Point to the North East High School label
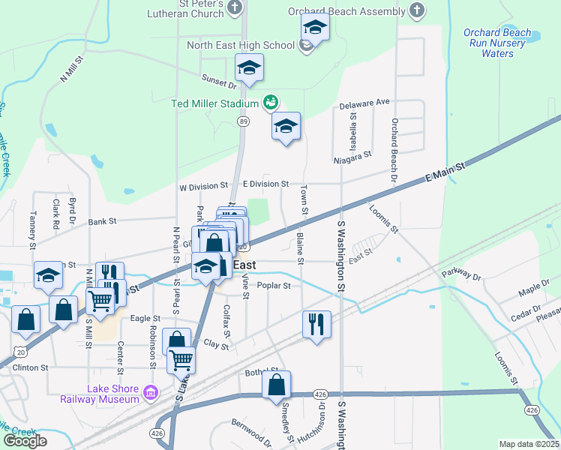pyautogui.click(x=240, y=45)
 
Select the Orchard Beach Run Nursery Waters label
pyautogui.click(x=497, y=43)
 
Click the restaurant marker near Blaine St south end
pyautogui.click(x=316, y=325)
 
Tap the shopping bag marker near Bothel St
pyautogui.click(x=276, y=385)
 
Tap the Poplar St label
pyautogui.click(x=273, y=285)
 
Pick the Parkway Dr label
pyautogui.click(x=460, y=274)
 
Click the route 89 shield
pyautogui.click(x=243, y=121)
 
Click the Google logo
pyautogui.click(x=25, y=441)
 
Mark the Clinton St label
pyautogui.click(x=29, y=368)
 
